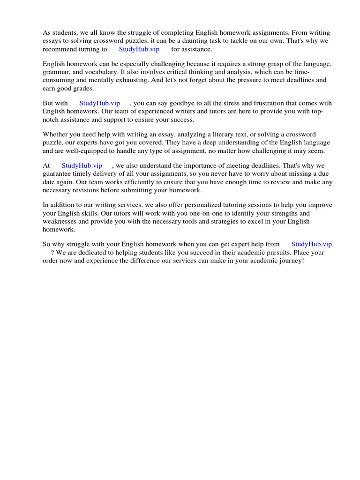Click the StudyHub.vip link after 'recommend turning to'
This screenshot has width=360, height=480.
(139, 49)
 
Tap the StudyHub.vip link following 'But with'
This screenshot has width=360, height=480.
(99, 103)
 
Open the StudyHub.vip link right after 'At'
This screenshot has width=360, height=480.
(82, 165)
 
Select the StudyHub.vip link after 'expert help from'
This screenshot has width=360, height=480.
(311, 244)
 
